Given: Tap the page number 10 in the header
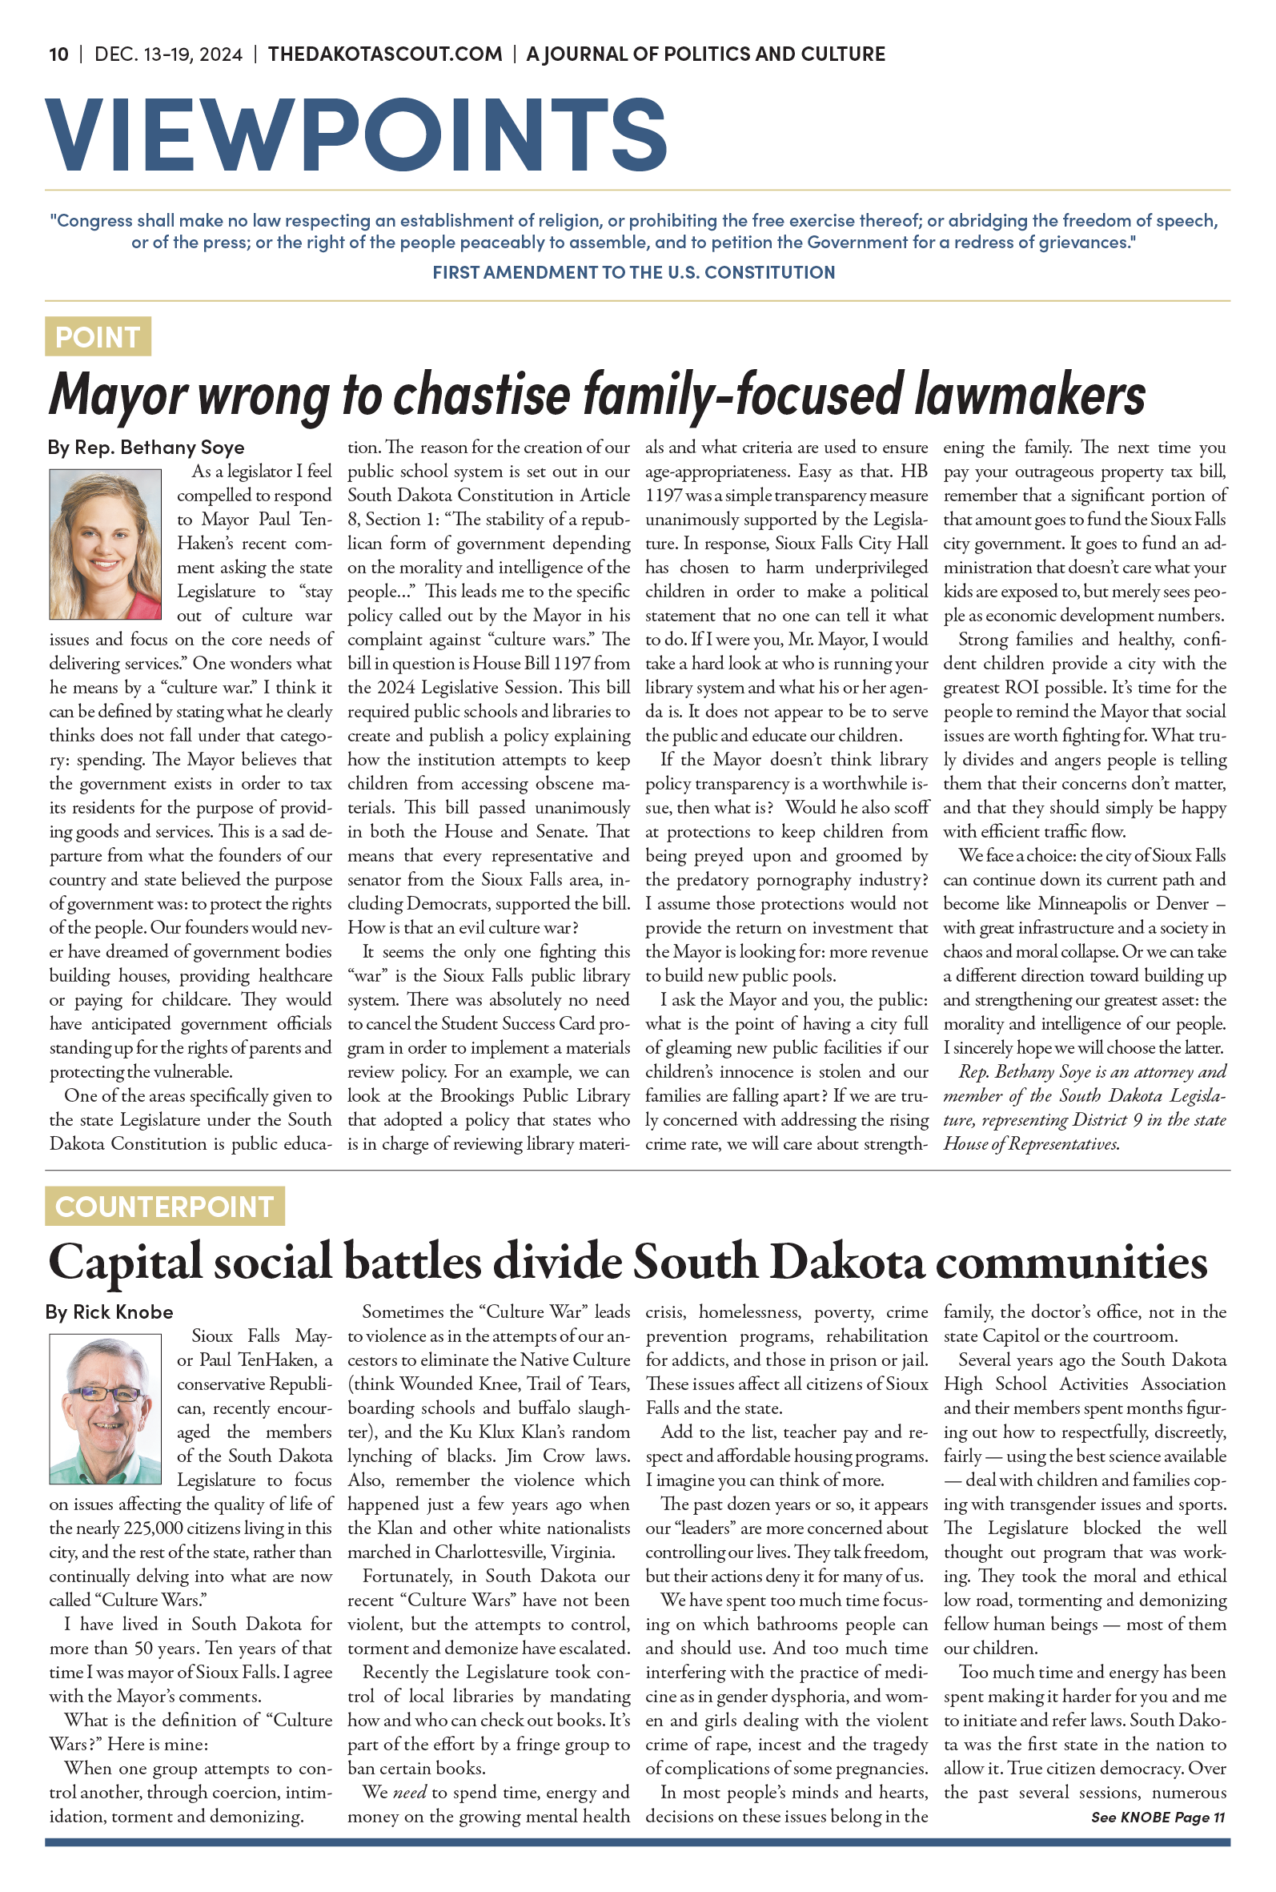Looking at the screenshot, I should coord(58,54).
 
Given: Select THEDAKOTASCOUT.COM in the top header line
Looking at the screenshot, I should coord(385,54).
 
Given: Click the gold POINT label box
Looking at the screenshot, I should coord(98,337).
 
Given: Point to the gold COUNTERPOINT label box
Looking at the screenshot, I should coord(164,1206).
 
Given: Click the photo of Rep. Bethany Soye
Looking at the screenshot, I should coord(105,544).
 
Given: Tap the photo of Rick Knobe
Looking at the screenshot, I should coord(105,1408).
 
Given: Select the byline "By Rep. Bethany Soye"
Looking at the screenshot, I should coord(146,448).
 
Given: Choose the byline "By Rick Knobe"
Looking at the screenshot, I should coord(109,1312).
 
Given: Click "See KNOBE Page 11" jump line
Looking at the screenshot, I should coord(1158,1817).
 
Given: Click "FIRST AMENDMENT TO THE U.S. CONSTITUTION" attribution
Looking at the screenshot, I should coord(633,272).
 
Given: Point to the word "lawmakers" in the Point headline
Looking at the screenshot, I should coord(1029,394).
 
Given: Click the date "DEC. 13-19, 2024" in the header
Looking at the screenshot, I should coord(168,54).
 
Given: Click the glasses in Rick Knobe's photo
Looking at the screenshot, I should coord(104,1393).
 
